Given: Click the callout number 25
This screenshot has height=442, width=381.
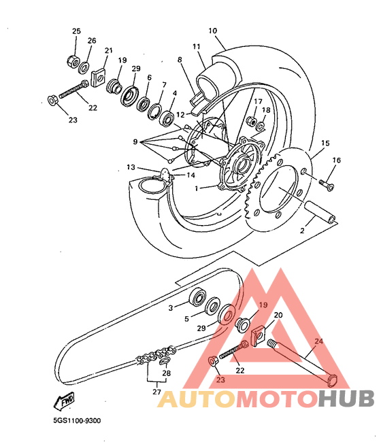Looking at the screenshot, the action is (76, 31).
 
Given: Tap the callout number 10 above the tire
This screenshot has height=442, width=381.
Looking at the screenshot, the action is (213, 31).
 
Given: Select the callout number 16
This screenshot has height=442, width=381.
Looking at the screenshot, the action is (337, 160).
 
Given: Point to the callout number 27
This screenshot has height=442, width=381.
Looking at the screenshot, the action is (156, 392).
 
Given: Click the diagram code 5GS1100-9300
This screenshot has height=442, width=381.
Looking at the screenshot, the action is (77, 421).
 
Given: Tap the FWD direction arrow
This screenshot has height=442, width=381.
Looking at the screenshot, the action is (65, 401).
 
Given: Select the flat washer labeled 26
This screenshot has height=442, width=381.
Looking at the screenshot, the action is (84, 67).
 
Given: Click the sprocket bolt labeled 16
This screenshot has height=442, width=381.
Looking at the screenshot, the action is (327, 185).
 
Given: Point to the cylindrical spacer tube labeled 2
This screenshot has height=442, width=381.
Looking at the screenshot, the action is (320, 211).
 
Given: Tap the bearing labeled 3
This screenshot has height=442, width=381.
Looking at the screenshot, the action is (198, 296).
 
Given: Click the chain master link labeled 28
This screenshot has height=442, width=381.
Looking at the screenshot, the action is (165, 361).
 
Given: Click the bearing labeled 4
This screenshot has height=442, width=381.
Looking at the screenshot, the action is (168, 119).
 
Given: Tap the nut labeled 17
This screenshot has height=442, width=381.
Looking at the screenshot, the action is (251, 120).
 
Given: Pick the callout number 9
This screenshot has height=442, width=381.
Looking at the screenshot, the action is (135, 141).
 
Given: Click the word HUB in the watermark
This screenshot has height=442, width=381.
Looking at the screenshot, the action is (346, 398).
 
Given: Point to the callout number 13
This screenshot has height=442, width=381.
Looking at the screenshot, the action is (131, 167).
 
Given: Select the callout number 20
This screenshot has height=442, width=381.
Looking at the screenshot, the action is (278, 315).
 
